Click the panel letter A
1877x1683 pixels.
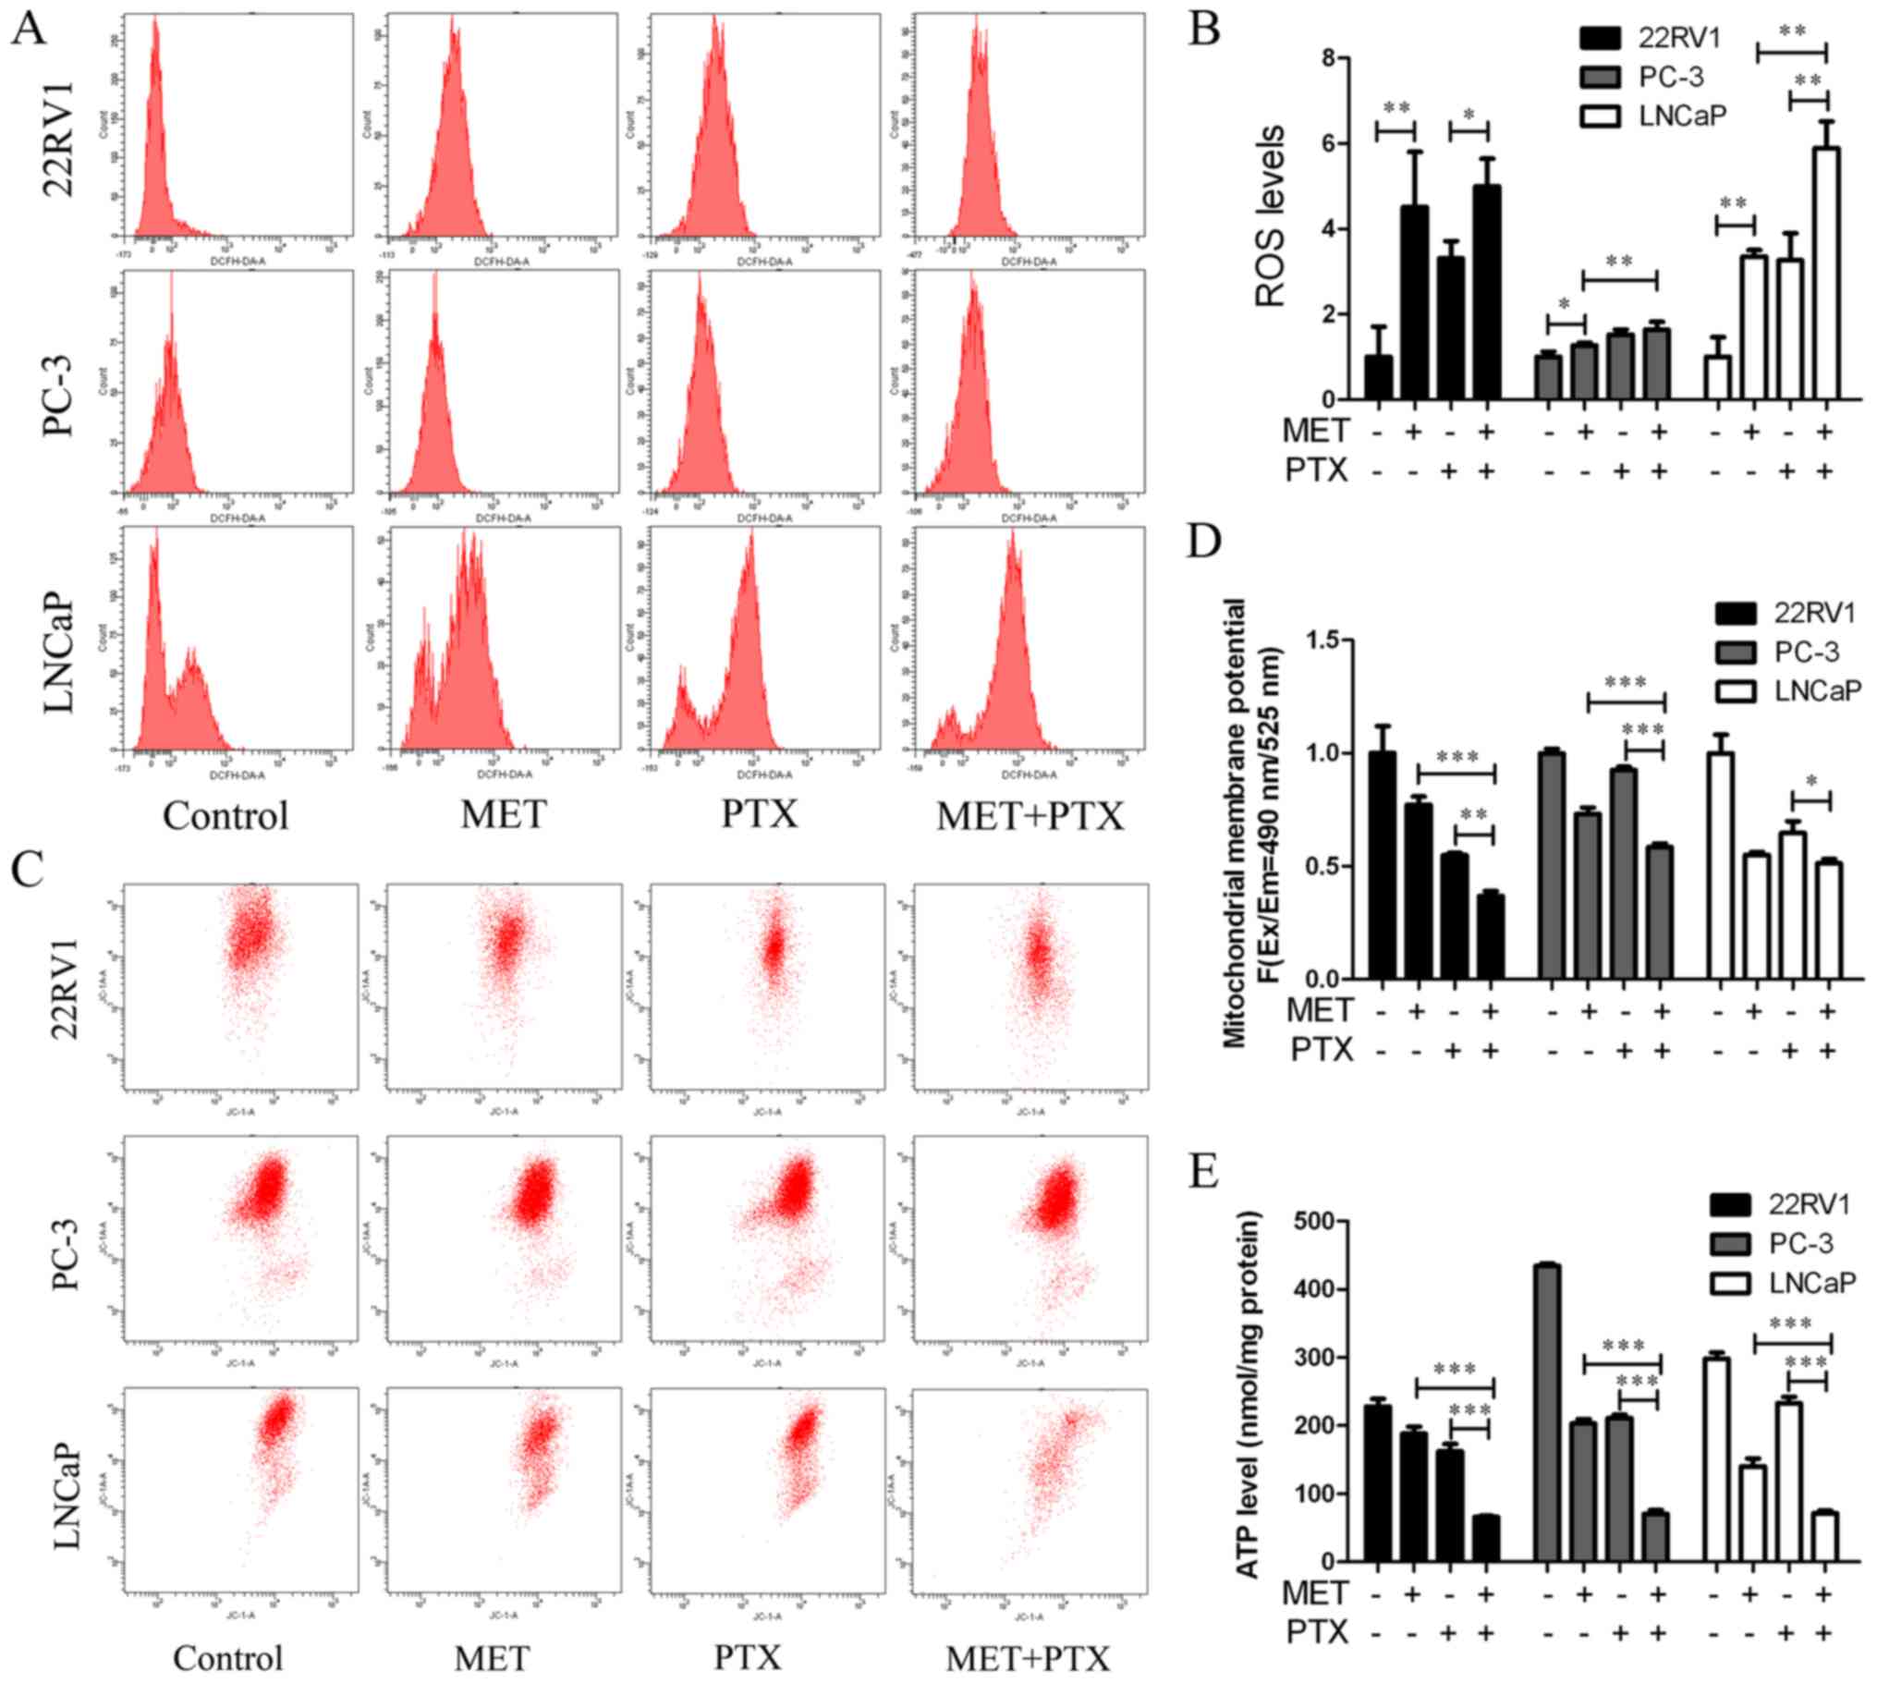[x=30, y=30]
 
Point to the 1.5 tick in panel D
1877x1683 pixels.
[x=1305, y=640]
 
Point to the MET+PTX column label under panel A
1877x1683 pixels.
[x=1030, y=815]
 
